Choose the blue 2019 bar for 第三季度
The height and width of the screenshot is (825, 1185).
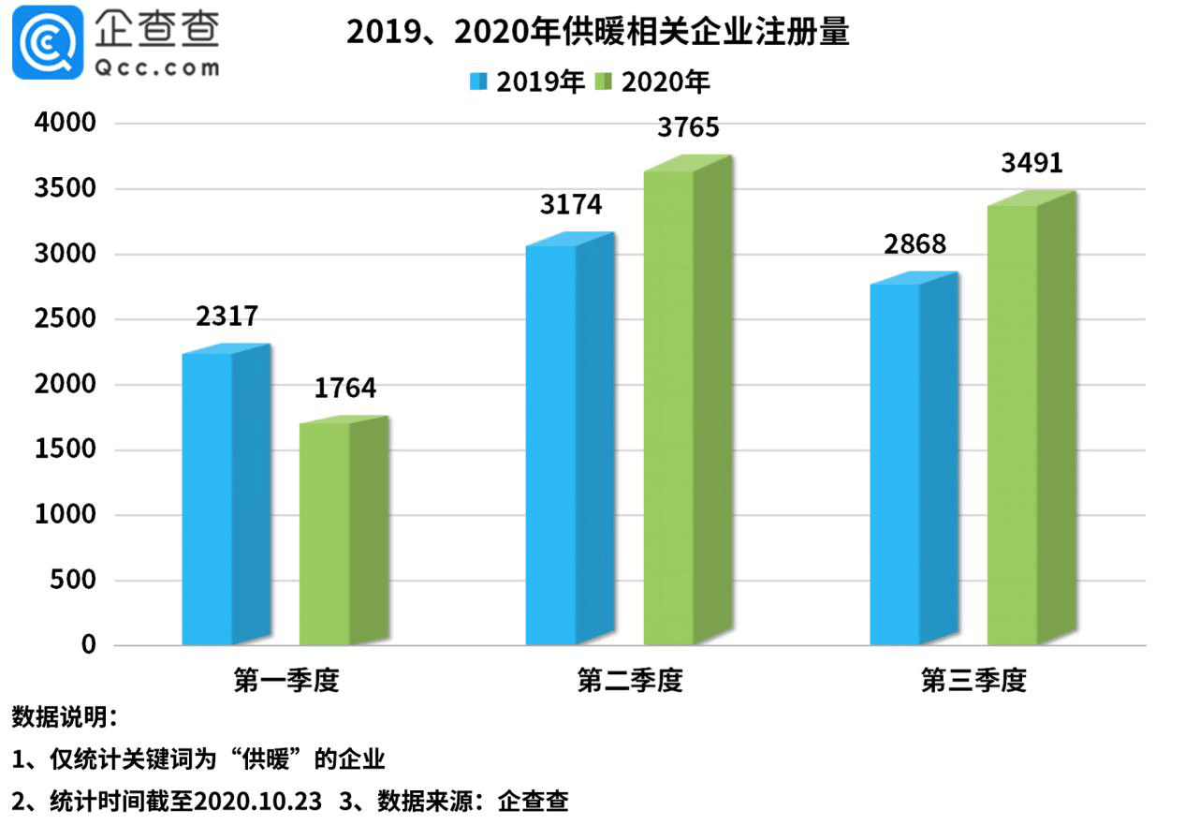[913, 463]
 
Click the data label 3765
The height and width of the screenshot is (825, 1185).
[688, 127]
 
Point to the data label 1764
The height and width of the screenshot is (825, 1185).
[344, 388]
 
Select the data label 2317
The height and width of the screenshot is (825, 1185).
[227, 316]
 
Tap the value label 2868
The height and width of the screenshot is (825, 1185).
[914, 243]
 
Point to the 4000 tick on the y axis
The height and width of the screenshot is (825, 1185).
[65, 124]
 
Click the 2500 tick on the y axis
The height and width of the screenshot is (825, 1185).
[65, 319]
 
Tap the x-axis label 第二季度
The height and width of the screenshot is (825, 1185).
[630, 681]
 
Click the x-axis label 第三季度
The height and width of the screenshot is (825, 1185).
[973, 681]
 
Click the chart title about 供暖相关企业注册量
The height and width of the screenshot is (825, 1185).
[598, 33]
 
